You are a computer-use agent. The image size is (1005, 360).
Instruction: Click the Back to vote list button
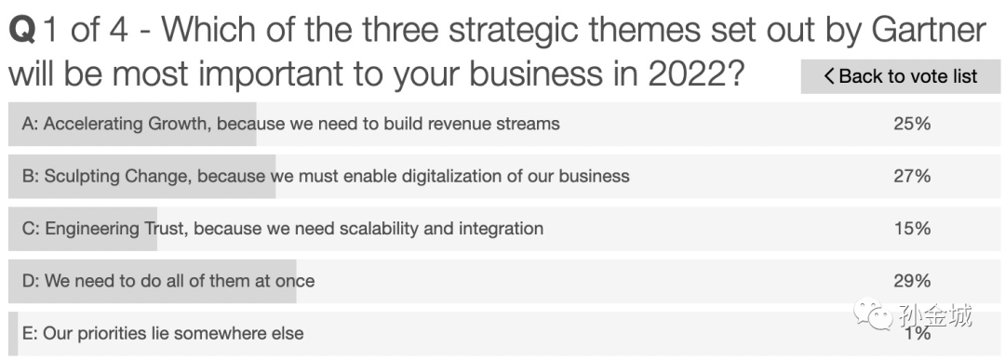point(900,76)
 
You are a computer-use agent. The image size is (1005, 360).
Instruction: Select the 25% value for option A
point(912,124)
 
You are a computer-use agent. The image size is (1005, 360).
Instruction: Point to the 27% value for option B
point(912,176)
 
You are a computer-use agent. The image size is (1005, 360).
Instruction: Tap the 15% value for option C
point(912,229)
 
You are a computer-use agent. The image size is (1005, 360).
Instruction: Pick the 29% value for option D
point(912,281)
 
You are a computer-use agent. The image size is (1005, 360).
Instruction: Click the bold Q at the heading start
point(21,31)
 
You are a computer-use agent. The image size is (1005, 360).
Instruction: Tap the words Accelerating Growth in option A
point(127,124)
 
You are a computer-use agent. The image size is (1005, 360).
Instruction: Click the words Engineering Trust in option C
point(115,229)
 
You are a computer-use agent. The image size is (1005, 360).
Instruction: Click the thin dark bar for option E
point(13,334)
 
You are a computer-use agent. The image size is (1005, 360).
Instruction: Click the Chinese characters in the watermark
point(934,315)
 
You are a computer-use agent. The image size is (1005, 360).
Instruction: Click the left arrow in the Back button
point(829,76)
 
